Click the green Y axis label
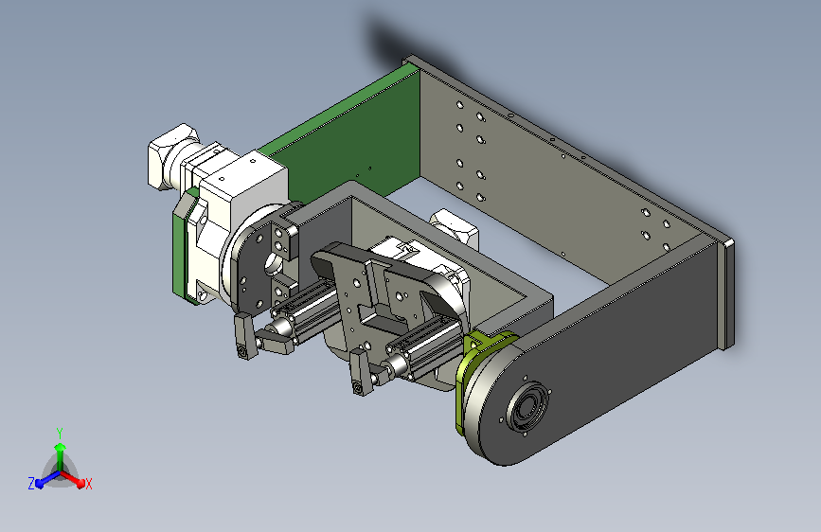(x=60, y=434)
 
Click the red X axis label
(x=88, y=484)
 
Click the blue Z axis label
(x=31, y=484)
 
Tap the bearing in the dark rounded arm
(x=527, y=407)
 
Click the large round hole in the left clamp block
(x=273, y=262)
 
